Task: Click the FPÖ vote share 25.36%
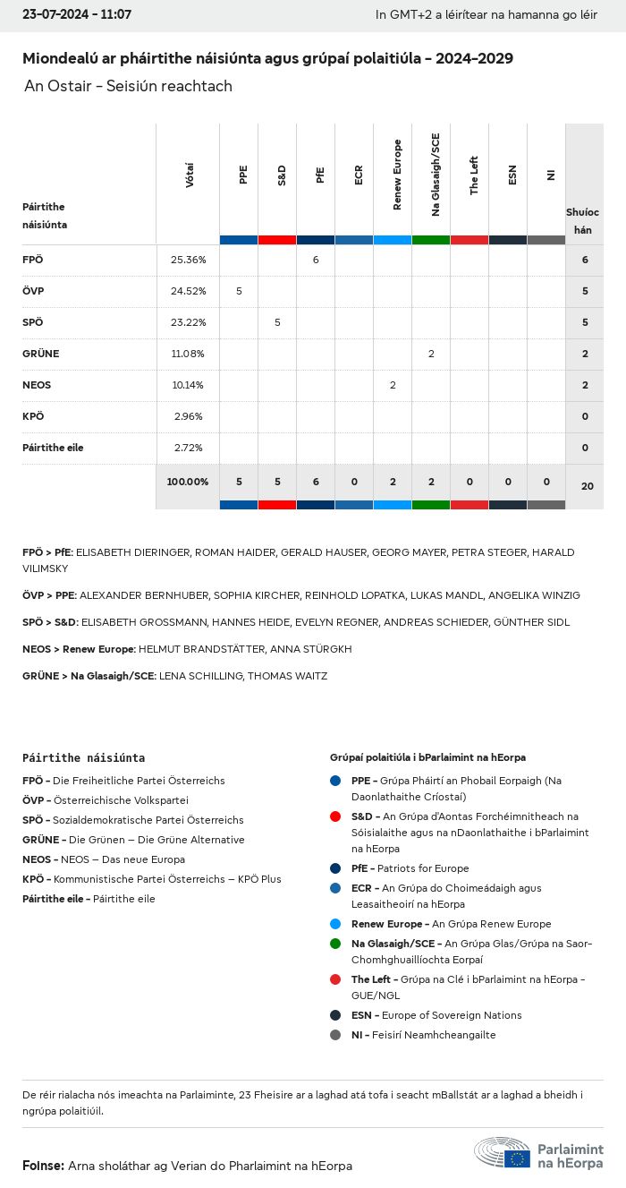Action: [188, 260]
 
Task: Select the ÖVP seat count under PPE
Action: [239, 291]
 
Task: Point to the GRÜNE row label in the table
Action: [40, 354]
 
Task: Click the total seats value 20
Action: [587, 486]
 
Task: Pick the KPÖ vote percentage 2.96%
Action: [188, 416]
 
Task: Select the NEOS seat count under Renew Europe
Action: [393, 385]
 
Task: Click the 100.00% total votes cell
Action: [188, 482]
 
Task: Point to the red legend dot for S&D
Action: [335, 816]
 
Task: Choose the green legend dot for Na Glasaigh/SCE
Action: [335, 944]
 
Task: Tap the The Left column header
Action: [474, 175]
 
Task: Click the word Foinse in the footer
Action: [42, 1166]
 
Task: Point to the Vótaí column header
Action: [189, 175]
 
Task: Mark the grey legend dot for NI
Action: [335, 1035]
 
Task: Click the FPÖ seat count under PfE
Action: [316, 260]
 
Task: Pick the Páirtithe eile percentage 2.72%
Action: [188, 448]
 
